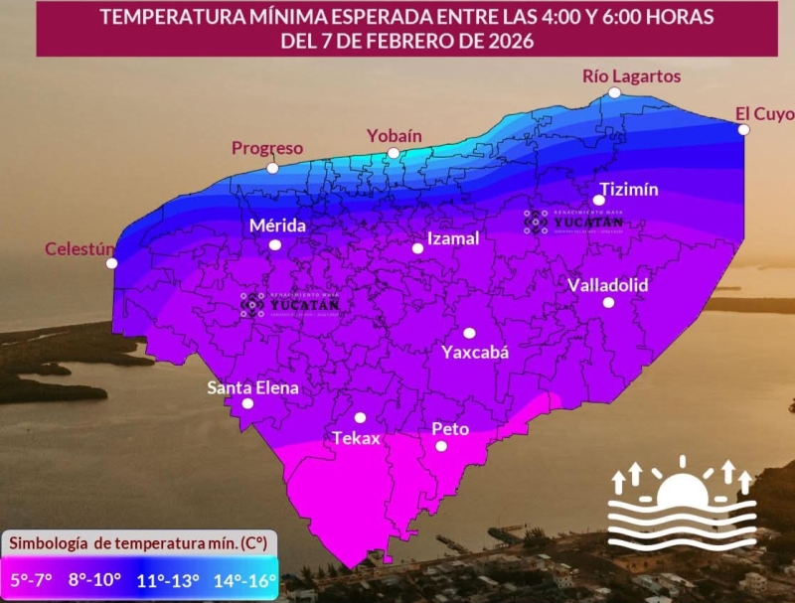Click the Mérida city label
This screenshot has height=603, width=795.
(277, 226)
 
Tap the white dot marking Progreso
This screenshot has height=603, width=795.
(273, 168)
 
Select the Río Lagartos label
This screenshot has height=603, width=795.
(617, 75)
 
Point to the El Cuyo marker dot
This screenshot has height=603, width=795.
(743, 129)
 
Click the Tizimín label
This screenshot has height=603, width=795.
(629, 190)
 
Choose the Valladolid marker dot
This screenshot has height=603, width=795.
(608, 302)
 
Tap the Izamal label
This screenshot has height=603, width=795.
(452, 238)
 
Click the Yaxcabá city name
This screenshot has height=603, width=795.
(475, 352)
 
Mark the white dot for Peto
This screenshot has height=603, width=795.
(441, 446)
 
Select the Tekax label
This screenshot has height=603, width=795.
(356, 438)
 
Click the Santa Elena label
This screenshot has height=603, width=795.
(252, 387)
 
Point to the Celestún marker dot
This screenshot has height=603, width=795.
(112, 263)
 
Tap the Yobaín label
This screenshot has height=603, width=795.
(395, 135)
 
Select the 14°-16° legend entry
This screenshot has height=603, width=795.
(244, 579)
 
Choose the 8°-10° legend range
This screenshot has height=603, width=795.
(95, 579)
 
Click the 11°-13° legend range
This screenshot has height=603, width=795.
(169, 579)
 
